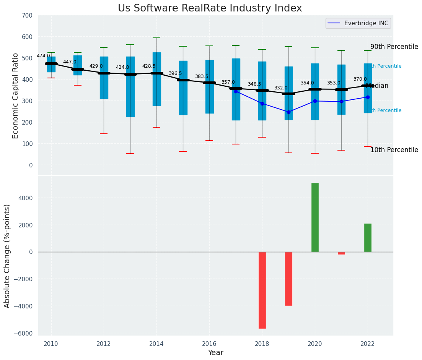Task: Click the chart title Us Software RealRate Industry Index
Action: tap(210, 8)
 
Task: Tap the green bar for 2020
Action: tap(315, 217)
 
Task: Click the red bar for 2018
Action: tap(262, 290)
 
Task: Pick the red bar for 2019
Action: tap(288, 278)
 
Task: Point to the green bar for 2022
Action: tap(368, 237)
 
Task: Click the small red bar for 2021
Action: tap(341, 253)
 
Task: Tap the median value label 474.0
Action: tap(43, 56)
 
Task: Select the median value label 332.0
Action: tap(281, 88)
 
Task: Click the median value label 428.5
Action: tap(149, 66)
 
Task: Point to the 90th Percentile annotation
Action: tap(394, 47)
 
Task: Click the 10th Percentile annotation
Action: tap(394, 150)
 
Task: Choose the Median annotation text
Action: tap(377, 86)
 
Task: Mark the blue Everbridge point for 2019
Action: tap(288, 112)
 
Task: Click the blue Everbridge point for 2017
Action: tap(236, 91)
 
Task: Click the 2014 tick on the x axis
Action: tap(156, 344)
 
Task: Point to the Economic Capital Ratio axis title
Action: tap(15, 96)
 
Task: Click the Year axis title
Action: tap(215, 353)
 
